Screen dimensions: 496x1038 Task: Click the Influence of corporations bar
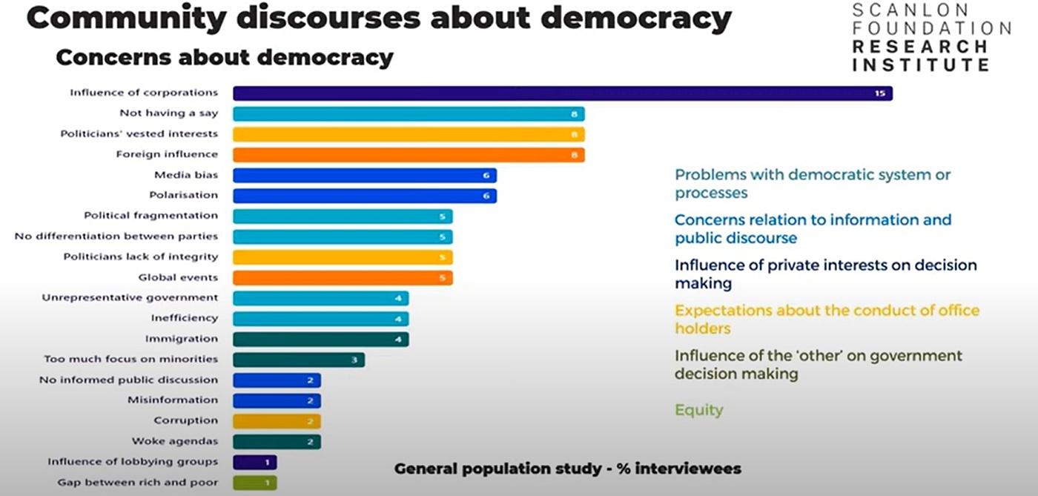coord(562,93)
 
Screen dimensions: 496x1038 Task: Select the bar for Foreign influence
coord(409,155)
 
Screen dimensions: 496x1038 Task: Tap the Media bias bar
coord(364,176)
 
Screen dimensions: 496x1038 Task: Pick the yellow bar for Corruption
coord(277,421)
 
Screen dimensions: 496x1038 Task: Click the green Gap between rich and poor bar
coord(254,483)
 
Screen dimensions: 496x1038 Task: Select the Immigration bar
coord(320,339)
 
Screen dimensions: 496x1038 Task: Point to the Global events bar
coord(343,278)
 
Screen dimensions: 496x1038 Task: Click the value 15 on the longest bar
coord(880,94)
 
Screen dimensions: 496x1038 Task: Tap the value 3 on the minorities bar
coord(354,360)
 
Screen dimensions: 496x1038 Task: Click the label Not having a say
coord(168,113)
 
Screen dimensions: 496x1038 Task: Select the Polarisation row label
coord(183,195)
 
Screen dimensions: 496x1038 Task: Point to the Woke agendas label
coord(175,441)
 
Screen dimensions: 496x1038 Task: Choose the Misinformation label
coord(173,400)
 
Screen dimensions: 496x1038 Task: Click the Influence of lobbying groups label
coord(133,461)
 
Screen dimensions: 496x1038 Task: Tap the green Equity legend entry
coord(698,410)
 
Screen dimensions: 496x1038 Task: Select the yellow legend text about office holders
coord(826,319)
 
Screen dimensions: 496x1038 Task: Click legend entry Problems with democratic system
coord(812,184)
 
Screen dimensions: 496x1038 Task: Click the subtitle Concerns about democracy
coord(224,57)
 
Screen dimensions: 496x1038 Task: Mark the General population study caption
coord(567,469)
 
